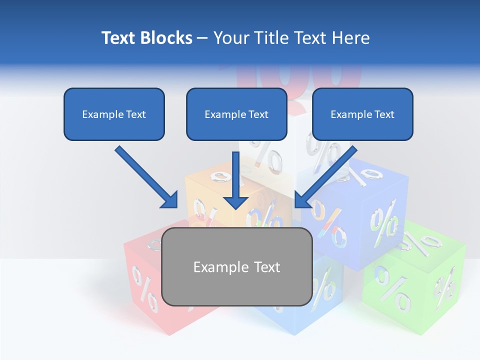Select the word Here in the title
point(351,38)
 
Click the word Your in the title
point(230,38)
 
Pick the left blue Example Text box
point(114,114)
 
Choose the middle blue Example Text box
point(236,114)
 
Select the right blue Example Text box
point(362,114)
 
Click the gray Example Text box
point(237,266)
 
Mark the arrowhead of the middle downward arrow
point(235,201)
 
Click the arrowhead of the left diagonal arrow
point(170,200)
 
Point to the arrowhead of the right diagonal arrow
point(302,200)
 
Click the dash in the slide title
point(203,38)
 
